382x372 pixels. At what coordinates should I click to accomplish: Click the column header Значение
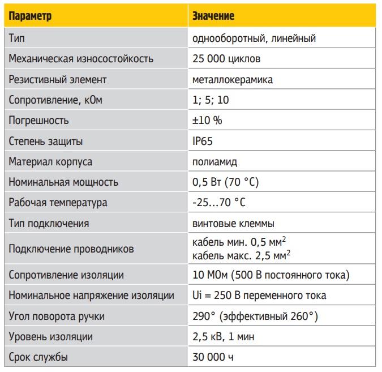coord(213,16)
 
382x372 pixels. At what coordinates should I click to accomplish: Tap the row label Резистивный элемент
coord(58,80)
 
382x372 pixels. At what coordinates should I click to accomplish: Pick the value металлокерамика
coord(233,80)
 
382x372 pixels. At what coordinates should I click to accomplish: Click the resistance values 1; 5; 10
coord(211,100)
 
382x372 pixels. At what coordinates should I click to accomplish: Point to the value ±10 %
coord(208,121)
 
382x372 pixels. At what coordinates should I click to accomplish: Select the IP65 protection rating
coord(203,141)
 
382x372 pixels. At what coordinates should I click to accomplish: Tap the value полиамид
coord(214,161)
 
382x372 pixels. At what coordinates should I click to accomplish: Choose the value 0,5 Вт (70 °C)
coord(226,182)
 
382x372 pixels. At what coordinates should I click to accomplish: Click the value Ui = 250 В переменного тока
coord(259,296)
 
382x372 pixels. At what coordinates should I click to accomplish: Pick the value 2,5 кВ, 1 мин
coord(224,337)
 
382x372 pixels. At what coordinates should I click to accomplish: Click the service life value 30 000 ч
coord(213,357)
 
